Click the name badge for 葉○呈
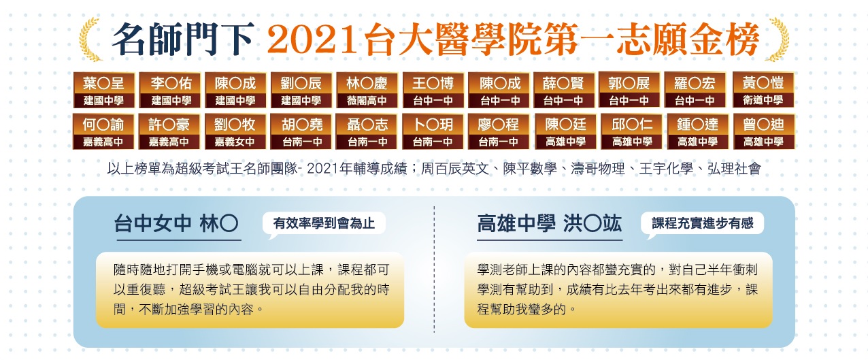[104, 90]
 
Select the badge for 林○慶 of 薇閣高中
[367, 90]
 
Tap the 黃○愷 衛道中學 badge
[763, 90]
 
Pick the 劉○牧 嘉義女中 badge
[235, 131]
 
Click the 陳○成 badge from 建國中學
[235, 90]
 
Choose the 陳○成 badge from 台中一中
[499, 90]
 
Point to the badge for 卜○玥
[433, 131]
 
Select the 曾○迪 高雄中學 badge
[764, 131]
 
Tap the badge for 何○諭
[103, 131]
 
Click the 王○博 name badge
[433, 90]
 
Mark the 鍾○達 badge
[698, 131]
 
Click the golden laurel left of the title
[90, 39]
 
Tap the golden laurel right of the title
[778, 39]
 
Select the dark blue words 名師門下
[183, 39]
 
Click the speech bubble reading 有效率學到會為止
[324, 224]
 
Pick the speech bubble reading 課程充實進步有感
[702, 224]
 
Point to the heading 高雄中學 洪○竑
[550, 224]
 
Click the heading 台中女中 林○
[176, 224]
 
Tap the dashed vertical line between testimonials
[434, 269]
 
